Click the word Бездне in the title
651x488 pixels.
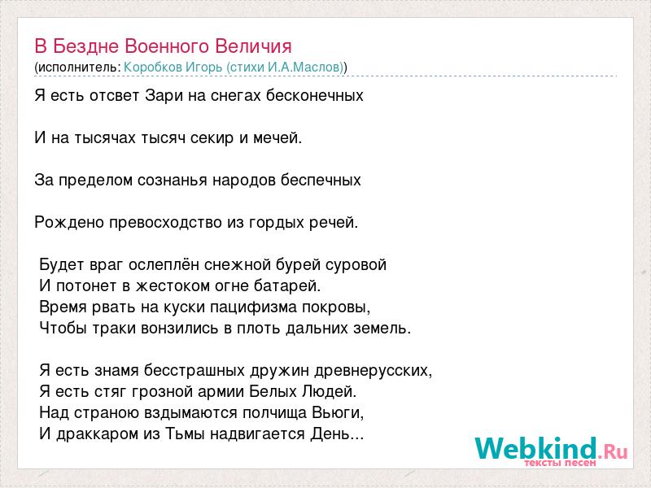tap(86, 46)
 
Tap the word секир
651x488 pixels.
tap(212, 138)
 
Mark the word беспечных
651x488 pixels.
tap(321, 181)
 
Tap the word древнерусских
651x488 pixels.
tap(374, 371)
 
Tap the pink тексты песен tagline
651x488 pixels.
tap(560, 462)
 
